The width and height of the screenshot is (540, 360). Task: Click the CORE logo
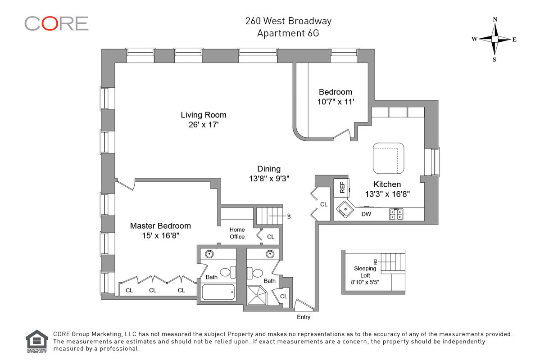point(56,23)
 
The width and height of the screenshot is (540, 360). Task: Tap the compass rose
point(495,39)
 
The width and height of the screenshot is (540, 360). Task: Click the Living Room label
point(204,115)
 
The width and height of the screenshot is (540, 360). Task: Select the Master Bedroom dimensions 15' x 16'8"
point(160,235)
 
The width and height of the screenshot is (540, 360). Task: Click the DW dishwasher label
point(366,214)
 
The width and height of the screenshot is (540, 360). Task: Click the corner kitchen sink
point(345,209)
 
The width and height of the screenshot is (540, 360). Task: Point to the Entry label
point(304,317)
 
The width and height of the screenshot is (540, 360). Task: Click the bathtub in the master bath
point(218,293)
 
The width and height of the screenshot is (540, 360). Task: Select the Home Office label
point(237,233)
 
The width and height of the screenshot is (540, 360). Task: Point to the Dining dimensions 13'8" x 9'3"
point(269,178)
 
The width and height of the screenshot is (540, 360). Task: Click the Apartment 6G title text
point(288,33)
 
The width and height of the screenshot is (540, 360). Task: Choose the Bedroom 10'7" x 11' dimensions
point(336,102)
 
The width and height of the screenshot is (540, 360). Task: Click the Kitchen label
point(387,184)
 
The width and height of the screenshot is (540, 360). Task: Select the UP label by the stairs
point(289,216)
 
